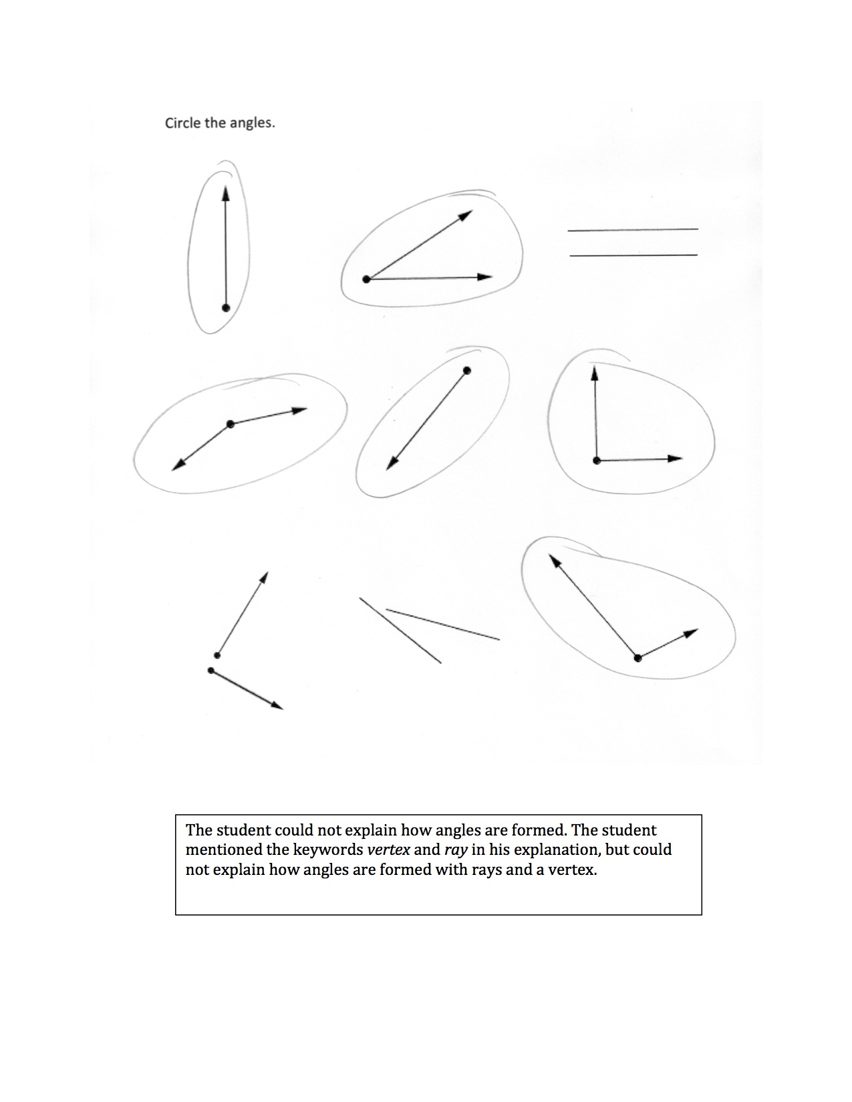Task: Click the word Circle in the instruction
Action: point(180,123)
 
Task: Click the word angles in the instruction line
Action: point(251,124)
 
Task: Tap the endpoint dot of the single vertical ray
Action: point(226,308)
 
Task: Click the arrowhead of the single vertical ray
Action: point(225,193)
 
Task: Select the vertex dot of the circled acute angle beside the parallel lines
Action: point(366,279)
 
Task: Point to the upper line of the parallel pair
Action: point(632,230)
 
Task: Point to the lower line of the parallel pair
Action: point(632,254)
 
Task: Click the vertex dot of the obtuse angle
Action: point(231,424)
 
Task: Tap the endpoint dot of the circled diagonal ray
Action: point(467,371)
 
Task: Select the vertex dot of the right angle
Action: point(596,460)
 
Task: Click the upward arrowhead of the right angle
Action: point(593,373)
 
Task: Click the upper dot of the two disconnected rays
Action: point(217,655)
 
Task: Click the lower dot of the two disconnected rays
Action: point(211,670)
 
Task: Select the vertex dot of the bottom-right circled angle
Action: point(637,658)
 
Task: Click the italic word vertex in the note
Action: point(388,850)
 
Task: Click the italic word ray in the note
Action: point(454,850)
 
